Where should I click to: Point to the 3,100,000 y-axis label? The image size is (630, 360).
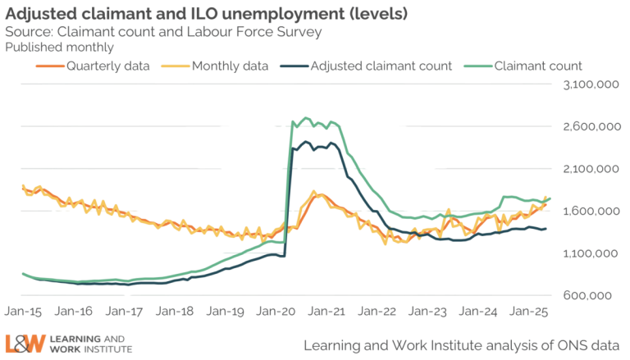point(588,85)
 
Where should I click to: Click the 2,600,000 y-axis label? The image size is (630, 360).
point(588,127)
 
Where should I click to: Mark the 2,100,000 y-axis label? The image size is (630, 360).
point(588,169)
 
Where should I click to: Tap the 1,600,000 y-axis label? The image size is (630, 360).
point(588,212)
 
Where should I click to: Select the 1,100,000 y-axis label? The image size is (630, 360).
point(588,253)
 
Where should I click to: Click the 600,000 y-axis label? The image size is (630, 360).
point(592,295)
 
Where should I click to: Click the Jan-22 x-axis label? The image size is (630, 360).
point(380,312)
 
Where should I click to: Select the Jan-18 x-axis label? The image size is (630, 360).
point(176,312)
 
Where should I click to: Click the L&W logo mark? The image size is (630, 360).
point(24,343)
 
